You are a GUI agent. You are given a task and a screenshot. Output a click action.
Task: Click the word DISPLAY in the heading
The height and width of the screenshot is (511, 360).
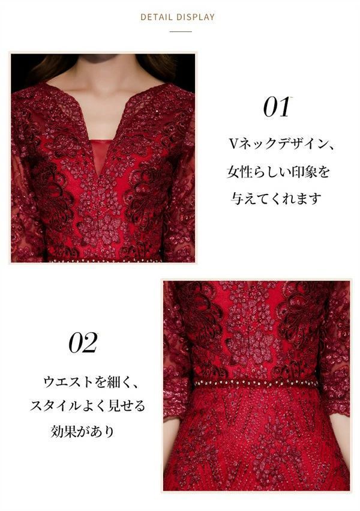194,17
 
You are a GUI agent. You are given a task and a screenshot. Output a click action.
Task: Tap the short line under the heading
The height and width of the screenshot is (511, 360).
181,31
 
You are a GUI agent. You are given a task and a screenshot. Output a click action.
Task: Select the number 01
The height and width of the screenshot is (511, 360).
277,107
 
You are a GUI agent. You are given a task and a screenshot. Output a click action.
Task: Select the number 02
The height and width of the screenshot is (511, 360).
83,343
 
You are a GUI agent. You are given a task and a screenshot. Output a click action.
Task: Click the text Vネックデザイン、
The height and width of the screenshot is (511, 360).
281,145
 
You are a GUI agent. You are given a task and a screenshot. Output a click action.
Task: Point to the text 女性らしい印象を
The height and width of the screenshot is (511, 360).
278,172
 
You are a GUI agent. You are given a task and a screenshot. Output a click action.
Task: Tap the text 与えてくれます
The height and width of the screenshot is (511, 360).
277,198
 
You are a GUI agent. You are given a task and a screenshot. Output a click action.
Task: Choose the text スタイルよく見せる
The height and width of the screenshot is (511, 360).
88,407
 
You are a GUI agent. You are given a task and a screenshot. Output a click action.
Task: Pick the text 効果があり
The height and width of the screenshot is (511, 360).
82,432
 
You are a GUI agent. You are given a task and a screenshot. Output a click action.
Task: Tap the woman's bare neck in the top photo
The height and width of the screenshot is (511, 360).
103,90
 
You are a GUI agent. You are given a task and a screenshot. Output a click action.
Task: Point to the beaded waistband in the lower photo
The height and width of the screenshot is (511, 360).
257,382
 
